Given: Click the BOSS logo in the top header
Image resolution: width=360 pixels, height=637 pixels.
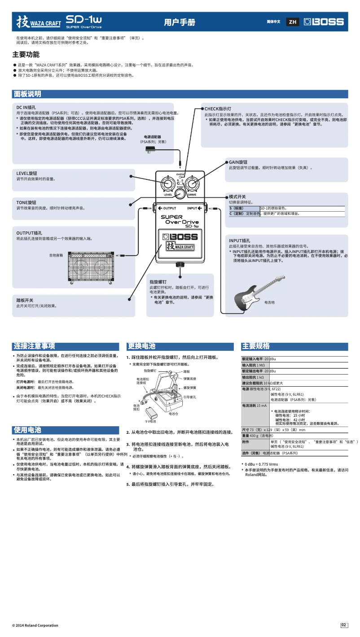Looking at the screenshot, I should point(324,22).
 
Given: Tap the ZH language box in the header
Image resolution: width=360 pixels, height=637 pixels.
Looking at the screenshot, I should point(293,22).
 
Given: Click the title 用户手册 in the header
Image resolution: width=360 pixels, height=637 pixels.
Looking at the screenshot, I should point(180,22).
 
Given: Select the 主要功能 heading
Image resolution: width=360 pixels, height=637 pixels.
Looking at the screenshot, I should point(26,54).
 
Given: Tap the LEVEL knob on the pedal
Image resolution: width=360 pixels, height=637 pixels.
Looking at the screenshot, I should point(168,185).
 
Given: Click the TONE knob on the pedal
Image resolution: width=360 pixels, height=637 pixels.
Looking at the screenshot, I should point(180,193).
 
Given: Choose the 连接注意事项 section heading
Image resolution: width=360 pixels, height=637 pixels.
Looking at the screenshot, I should point(34,346).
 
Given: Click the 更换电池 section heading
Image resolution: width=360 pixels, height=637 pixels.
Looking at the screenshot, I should point(141,346).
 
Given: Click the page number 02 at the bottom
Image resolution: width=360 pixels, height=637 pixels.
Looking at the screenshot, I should point(344,625).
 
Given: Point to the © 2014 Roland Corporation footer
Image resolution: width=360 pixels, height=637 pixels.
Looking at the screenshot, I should point(35,625).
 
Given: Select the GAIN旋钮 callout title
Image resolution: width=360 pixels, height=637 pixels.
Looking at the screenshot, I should point(238,162).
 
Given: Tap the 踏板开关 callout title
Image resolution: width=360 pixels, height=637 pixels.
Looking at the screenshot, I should point(25,300).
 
